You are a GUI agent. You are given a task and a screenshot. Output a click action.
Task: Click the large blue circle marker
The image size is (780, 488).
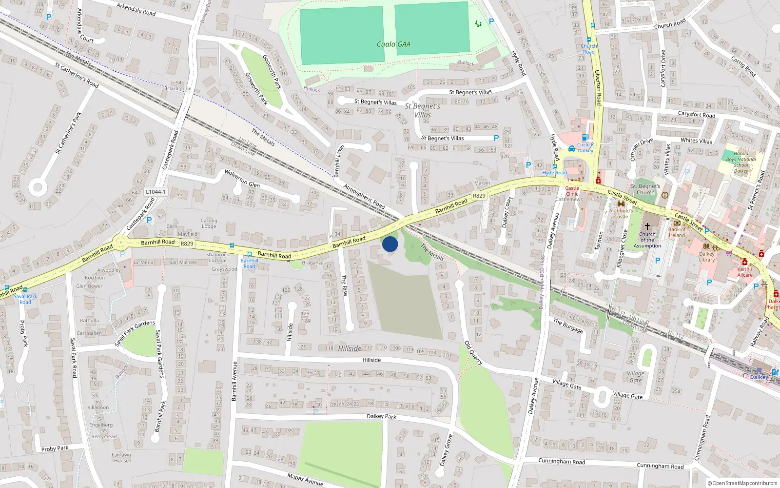[x=390, y=244]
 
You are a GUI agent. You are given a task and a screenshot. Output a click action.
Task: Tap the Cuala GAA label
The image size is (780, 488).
[x=393, y=44]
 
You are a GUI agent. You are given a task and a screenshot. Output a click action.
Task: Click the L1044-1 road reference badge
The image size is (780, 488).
[x=156, y=192]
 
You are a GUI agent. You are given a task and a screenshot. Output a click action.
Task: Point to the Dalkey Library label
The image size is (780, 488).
[x=707, y=257]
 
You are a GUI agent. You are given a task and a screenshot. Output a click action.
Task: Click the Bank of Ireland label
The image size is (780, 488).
[x=677, y=232]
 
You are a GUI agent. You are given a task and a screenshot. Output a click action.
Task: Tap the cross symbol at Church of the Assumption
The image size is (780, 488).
[x=647, y=226]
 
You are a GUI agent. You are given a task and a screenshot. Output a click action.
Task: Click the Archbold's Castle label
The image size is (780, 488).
[x=621, y=213]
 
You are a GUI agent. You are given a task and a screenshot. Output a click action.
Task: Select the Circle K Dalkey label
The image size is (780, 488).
[x=585, y=147]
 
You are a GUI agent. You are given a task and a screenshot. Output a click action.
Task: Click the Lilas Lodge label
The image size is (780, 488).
[x=178, y=88]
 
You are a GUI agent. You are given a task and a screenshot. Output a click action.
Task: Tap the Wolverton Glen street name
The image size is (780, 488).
[x=242, y=179]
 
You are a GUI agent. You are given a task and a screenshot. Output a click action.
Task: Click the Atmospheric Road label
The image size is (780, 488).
[x=364, y=196]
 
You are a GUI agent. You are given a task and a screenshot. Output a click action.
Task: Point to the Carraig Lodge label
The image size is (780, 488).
[x=209, y=223]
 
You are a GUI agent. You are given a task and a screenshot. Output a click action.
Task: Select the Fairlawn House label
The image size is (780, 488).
[x=121, y=457]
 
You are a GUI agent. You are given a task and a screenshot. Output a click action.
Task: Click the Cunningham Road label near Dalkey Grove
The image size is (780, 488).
[x=562, y=461]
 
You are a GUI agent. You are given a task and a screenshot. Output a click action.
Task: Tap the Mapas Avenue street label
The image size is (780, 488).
[x=305, y=479]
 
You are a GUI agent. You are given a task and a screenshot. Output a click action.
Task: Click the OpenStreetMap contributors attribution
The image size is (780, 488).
[x=742, y=483]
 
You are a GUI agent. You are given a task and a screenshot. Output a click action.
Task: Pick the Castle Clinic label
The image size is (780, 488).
[x=572, y=191]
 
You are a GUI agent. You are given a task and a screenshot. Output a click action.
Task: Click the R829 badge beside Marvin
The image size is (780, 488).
[x=479, y=196]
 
